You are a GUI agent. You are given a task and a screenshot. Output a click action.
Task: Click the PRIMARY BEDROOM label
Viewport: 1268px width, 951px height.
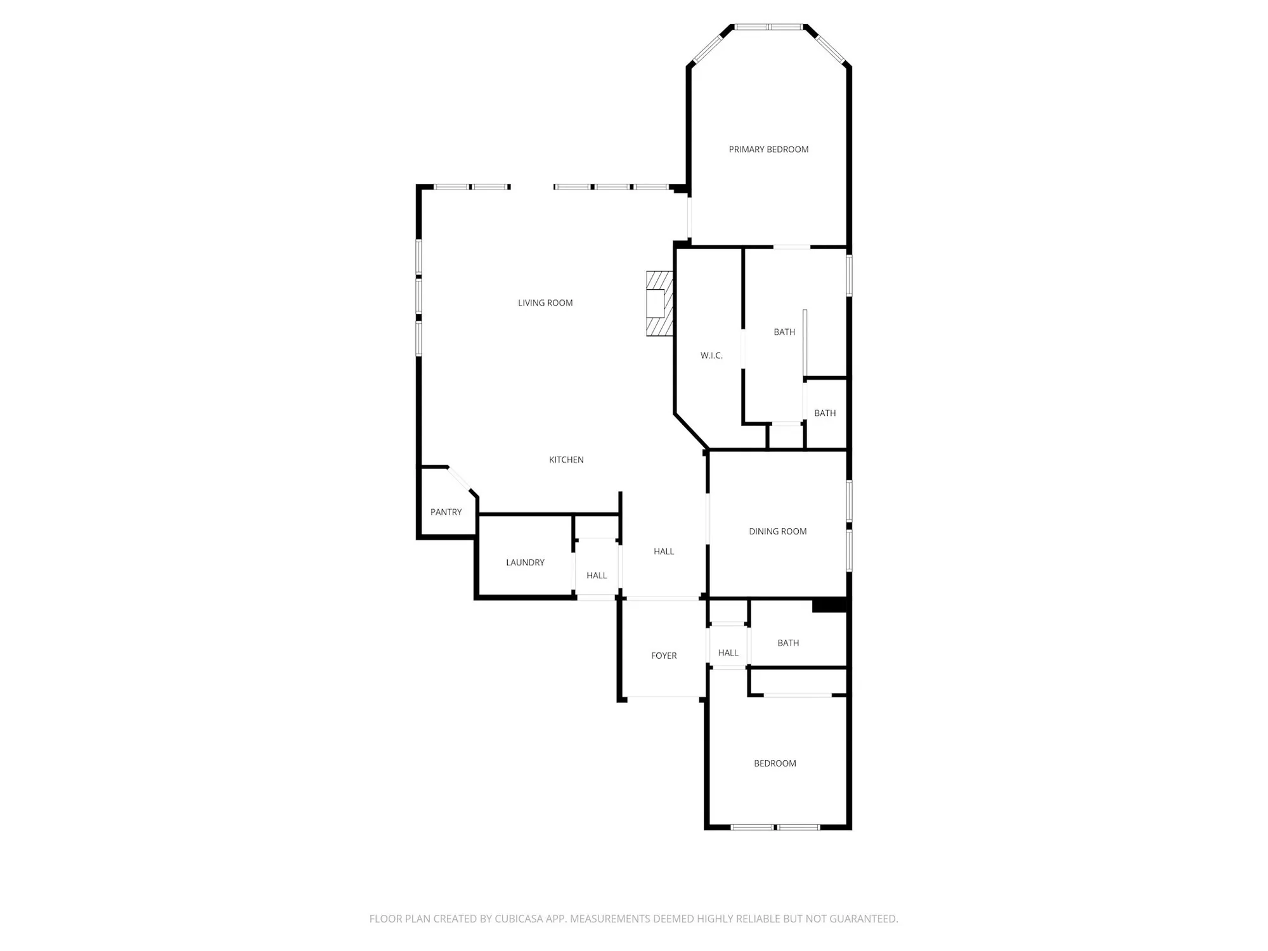(768, 150)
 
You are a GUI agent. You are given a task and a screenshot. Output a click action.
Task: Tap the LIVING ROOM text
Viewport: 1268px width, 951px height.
(545, 303)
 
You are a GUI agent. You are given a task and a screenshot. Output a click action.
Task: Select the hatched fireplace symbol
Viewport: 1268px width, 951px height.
(659, 304)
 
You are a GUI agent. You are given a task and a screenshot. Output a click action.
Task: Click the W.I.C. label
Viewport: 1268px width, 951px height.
(711, 356)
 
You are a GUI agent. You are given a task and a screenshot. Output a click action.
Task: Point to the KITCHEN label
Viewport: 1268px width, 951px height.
(566, 460)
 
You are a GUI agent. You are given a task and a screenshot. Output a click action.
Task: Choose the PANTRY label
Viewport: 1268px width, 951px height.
(446, 512)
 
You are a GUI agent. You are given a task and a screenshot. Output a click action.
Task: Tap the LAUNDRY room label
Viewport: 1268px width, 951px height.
(525, 562)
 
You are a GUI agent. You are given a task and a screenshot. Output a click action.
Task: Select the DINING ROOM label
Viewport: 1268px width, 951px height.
(777, 531)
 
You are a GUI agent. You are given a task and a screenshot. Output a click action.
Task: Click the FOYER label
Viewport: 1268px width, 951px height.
(664, 656)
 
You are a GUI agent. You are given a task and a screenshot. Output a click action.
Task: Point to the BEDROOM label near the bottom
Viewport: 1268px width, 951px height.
(775, 763)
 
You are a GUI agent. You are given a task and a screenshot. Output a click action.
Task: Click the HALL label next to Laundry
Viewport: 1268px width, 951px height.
(597, 576)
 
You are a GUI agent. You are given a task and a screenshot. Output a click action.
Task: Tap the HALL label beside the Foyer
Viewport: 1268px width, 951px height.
(728, 653)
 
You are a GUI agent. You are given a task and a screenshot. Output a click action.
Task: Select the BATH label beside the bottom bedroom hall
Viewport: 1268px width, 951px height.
(788, 643)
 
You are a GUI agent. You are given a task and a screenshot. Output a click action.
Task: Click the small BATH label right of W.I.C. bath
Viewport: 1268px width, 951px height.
(825, 413)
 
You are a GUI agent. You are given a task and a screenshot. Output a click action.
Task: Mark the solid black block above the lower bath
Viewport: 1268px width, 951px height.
(829, 605)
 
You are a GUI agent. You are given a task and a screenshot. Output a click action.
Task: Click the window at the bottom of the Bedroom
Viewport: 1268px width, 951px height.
(775, 827)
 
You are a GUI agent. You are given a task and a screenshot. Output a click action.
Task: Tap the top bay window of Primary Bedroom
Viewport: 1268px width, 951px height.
(768, 27)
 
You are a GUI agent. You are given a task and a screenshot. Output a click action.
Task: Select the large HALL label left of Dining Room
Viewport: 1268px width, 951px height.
(664, 552)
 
